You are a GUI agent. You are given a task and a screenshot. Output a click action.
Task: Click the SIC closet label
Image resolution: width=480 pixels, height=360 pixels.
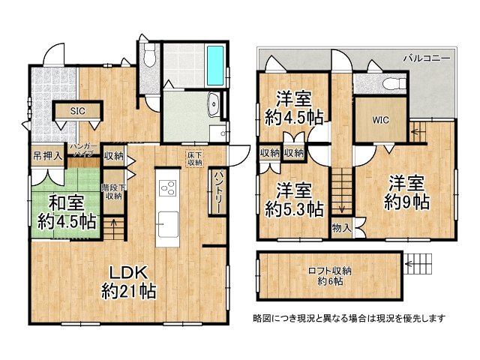[x=77, y=111]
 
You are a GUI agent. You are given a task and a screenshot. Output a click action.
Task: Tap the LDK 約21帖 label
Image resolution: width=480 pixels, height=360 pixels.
[x=128, y=280]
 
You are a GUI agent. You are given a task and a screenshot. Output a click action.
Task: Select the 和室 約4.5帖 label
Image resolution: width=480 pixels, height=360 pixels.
[x=67, y=211]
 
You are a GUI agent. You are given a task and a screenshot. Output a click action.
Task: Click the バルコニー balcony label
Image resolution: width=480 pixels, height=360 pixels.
[x=426, y=57]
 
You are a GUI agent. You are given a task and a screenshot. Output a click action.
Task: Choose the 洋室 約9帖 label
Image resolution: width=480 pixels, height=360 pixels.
[x=406, y=192]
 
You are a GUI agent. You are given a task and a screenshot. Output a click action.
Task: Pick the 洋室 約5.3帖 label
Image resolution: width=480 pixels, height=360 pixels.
[x=293, y=198]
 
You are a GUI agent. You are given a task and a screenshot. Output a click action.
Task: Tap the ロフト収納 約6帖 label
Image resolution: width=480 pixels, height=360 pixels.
[x=330, y=275]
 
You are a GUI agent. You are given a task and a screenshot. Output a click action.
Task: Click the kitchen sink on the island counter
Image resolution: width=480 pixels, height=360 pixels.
[x=167, y=223]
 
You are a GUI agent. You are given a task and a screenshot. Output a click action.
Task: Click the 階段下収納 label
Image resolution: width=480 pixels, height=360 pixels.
[x=113, y=191]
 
